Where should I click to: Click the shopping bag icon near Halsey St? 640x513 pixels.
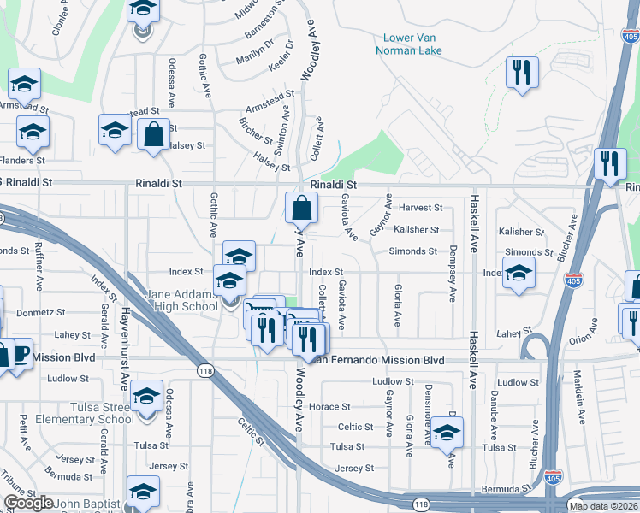pyautogui.click(x=153, y=136)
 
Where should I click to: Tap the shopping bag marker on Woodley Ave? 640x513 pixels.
pyautogui.click(x=301, y=208)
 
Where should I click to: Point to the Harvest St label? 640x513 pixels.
pyautogui.click(x=420, y=208)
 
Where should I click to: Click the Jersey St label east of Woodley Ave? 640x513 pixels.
pyautogui.click(x=355, y=469)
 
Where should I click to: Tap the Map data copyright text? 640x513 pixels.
pyautogui.click(x=603, y=506)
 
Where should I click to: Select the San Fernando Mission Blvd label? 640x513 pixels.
pyautogui.click(x=381, y=361)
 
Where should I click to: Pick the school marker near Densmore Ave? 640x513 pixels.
pyautogui.click(x=447, y=433)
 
